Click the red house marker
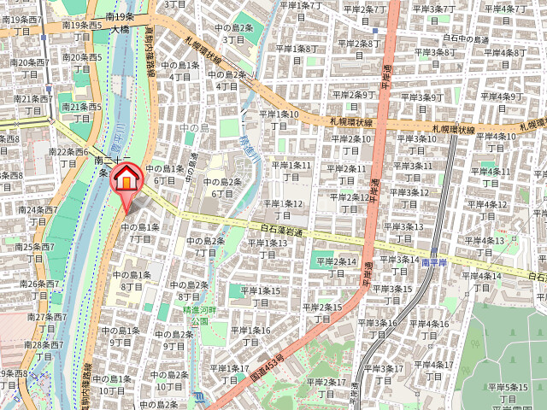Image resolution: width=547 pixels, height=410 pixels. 126,179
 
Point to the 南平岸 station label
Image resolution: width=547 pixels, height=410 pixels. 435,263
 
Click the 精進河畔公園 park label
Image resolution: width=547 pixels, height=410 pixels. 200,315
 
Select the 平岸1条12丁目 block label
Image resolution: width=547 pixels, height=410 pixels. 283,209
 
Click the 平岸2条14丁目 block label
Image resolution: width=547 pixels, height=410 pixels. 336,267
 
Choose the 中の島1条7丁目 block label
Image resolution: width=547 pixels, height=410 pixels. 140,233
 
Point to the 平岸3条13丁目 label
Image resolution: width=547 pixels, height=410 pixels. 403,232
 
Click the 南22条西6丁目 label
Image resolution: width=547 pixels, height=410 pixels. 68,157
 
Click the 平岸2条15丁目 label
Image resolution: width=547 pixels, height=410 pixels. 322,313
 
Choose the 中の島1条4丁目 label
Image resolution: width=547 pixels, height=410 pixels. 179,71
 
